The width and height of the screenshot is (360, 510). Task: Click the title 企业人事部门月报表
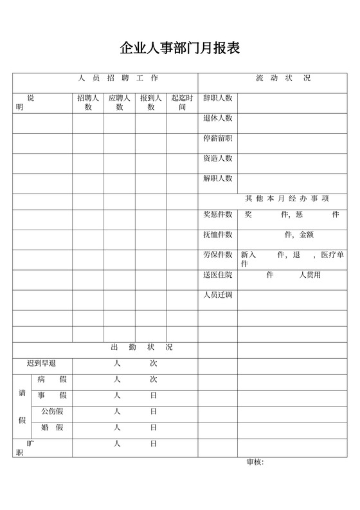(179, 48)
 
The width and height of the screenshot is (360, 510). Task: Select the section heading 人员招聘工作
(118, 78)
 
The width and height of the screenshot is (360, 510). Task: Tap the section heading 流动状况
(283, 78)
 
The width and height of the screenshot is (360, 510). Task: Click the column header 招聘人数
(88, 103)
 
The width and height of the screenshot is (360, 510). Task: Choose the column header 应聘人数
(120, 103)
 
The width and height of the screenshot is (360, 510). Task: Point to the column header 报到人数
(151, 103)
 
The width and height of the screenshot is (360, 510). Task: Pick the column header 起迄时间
(182, 103)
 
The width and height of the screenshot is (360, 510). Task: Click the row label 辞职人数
(217, 98)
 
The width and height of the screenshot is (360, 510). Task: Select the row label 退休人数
(217, 118)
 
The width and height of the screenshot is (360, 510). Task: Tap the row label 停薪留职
(217, 138)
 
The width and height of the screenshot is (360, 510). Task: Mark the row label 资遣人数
(217, 158)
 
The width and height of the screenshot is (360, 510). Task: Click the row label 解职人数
(217, 178)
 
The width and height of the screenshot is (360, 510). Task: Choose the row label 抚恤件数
(217, 235)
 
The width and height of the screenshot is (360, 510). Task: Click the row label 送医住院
(217, 275)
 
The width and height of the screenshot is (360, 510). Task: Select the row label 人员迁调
(217, 295)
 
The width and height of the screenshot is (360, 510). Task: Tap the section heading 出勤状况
(141, 347)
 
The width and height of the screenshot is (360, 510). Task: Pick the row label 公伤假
(52, 411)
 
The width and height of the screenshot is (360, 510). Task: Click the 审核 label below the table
(255, 462)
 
